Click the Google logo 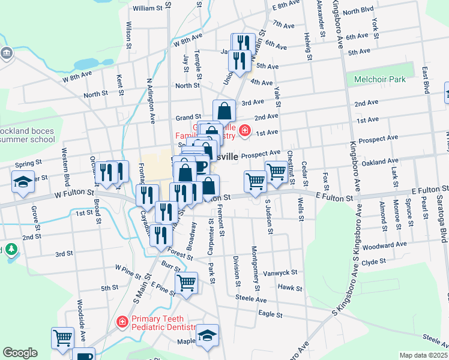click(20, 353)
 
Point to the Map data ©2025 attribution click(424, 355)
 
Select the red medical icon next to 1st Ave click(244, 130)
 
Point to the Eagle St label click(270, 314)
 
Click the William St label click(148, 8)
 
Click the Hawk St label click(290, 288)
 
